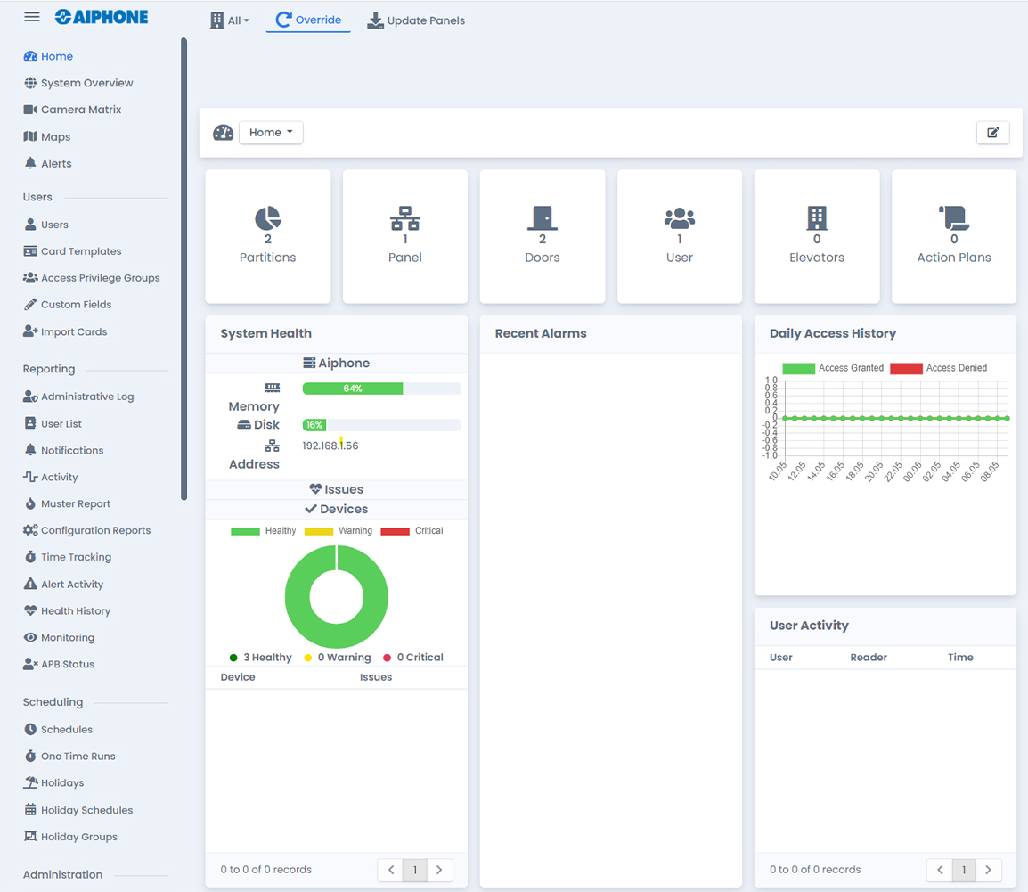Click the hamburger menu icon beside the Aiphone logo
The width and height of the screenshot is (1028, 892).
[32, 17]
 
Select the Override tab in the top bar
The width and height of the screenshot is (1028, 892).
[308, 20]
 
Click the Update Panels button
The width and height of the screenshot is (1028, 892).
[416, 20]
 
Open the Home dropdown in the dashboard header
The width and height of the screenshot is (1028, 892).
[271, 133]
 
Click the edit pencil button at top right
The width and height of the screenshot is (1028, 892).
[992, 133]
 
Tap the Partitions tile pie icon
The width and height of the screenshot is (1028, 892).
[267, 217]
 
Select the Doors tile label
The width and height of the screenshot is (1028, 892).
[542, 258]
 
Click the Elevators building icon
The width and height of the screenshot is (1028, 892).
[816, 217]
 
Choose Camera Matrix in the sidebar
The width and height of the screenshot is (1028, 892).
[80, 110]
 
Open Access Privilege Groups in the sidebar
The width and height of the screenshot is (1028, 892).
[100, 278]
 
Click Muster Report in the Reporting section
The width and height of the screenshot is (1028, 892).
[76, 503]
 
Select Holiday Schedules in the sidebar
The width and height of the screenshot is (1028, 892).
[86, 810]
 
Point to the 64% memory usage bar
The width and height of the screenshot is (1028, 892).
[353, 389]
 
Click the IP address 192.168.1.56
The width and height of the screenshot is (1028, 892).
[330, 446]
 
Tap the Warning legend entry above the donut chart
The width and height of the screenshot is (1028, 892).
[339, 531]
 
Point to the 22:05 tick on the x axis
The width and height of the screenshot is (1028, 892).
[892, 471]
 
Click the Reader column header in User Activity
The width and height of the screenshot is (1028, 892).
[868, 658]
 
